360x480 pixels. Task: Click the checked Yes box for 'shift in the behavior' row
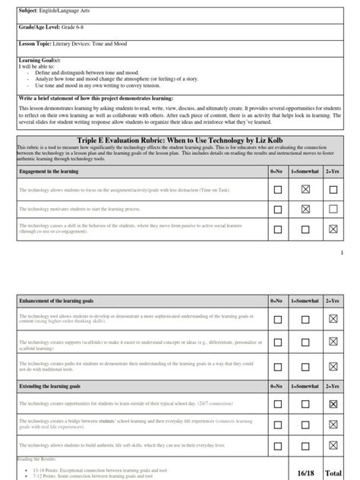pos(332,229)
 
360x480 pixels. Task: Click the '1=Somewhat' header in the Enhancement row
pos(305,302)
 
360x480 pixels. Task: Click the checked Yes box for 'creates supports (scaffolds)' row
pos(332,342)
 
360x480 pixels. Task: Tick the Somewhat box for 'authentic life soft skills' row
pos(305,447)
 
